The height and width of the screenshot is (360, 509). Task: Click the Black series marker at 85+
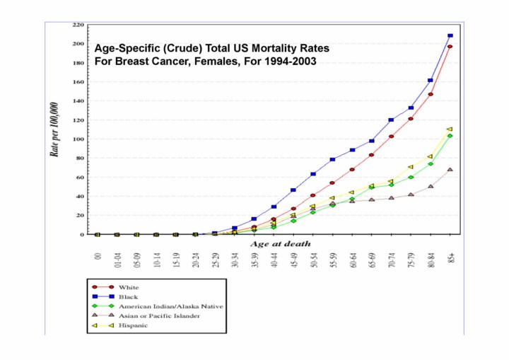click(x=450, y=35)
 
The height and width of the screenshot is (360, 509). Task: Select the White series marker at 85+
click(x=450, y=47)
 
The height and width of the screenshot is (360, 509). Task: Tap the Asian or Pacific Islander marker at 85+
click(x=450, y=170)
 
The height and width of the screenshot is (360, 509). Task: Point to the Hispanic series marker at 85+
click(x=450, y=129)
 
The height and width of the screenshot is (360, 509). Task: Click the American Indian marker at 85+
click(x=450, y=136)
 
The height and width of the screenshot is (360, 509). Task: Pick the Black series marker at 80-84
click(x=431, y=81)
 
